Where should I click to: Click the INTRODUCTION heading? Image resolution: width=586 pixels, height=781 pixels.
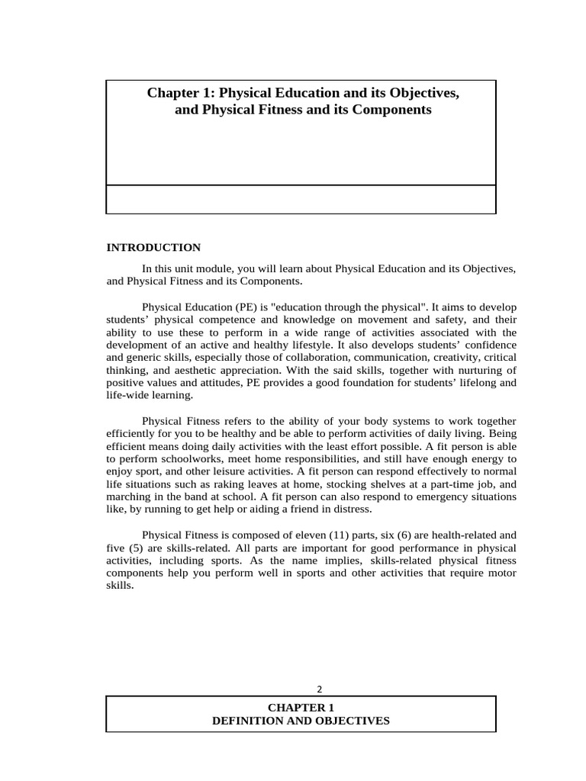point(153,248)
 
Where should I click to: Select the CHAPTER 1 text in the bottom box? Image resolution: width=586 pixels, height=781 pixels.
point(300,708)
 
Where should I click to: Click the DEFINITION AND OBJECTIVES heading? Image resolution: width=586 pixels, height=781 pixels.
point(300,721)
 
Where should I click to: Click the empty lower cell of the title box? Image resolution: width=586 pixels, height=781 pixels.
point(300,199)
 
